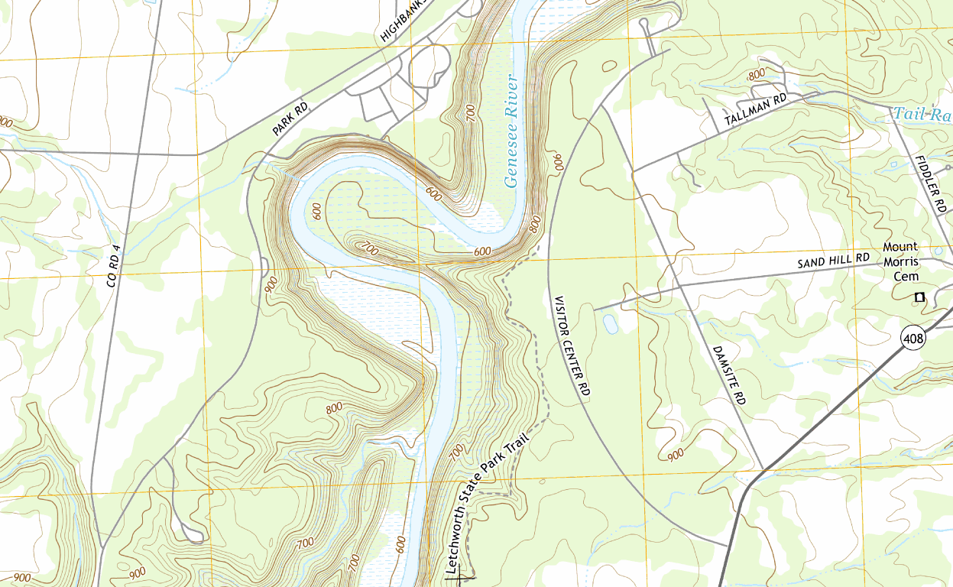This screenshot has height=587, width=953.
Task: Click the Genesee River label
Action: click(x=511, y=131)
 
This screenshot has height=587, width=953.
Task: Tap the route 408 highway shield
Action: click(x=912, y=336)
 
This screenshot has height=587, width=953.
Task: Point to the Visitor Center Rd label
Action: click(x=572, y=345)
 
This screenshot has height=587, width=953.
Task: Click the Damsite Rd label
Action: click(x=728, y=374)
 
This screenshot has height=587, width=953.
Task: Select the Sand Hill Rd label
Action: click(x=834, y=261)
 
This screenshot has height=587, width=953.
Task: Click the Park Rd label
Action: click(x=290, y=120)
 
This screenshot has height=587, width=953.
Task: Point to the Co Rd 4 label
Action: click(x=114, y=265)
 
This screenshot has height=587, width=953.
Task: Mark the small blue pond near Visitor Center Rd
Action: click(x=610, y=325)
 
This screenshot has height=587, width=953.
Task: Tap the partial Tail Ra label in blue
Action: click(x=922, y=115)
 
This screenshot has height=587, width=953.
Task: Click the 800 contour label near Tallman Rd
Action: click(x=756, y=74)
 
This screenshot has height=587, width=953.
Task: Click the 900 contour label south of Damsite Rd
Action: click(x=675, y=456)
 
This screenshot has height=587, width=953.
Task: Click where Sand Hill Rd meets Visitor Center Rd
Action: click(x=595, y=310)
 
